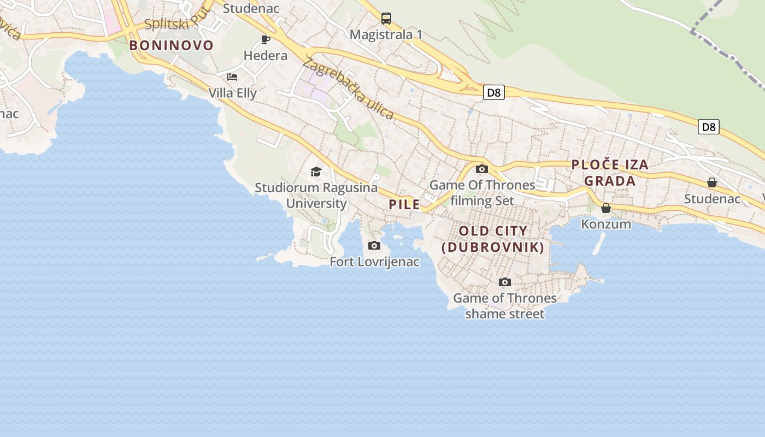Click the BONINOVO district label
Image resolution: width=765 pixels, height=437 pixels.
171,45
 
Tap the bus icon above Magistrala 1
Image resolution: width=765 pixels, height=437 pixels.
386,18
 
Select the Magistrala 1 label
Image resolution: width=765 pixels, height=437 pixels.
386,34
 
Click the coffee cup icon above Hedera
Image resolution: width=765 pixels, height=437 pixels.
266,39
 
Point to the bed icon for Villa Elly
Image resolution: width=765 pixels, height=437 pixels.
232,77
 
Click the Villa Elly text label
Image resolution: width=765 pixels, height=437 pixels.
232,93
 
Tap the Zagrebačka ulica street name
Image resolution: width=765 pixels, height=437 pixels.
348,88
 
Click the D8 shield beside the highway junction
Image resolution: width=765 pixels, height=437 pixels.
493,93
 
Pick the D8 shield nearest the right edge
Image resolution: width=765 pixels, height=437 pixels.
708,127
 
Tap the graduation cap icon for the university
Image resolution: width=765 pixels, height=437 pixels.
316,172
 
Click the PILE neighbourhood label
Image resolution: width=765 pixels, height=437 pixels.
404,205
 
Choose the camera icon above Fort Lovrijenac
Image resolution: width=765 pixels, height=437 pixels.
374,246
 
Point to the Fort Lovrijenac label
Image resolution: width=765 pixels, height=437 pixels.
374,262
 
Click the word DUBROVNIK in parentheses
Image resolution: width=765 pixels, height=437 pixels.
493,247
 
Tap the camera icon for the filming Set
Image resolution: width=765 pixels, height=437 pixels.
482,169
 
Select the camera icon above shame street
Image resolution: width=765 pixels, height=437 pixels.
505,282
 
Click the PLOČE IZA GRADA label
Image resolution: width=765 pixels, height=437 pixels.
610,173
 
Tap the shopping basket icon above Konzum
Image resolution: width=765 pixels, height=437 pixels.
605,208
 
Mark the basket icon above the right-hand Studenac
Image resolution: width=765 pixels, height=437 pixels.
712,182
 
